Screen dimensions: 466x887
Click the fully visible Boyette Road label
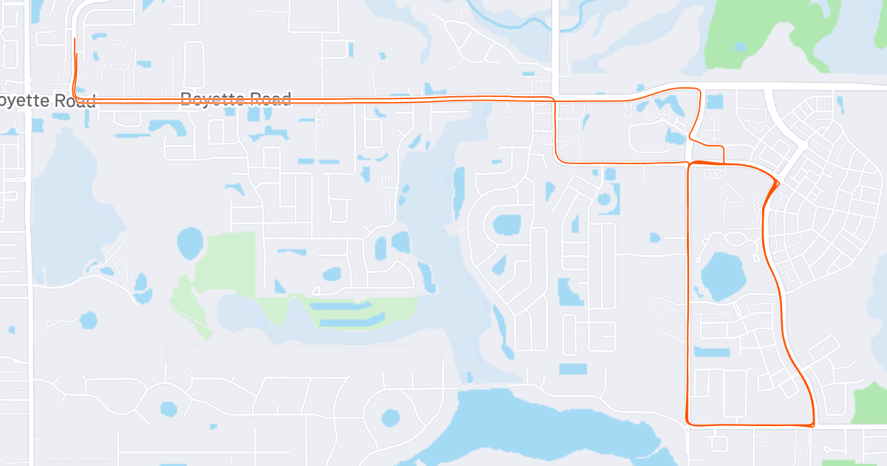(236, 98)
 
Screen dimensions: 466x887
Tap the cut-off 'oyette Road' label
(48, 101)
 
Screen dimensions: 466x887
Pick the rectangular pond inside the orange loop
(711, 351)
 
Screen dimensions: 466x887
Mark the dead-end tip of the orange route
(75, 38)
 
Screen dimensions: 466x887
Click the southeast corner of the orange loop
(812, 425)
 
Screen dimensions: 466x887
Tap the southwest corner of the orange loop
(689, 423)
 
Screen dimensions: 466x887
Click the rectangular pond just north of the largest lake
(573, 368)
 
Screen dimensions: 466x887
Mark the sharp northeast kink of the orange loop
(778, 181)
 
